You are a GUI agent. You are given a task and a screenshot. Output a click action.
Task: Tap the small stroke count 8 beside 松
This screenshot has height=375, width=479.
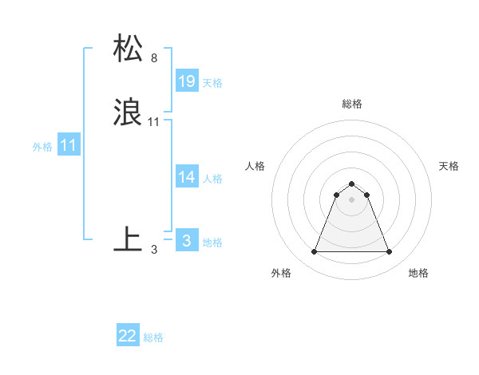click(x=154, y=58)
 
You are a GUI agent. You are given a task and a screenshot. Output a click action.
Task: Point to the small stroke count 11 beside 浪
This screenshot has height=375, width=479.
click(x=154, y=122)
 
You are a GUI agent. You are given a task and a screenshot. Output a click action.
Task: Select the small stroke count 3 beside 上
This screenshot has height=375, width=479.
click(x=154, y=249)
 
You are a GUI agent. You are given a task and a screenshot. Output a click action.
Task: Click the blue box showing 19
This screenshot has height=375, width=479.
click(x=187, y=81)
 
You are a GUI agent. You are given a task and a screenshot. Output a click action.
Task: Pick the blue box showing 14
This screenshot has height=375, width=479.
click(x=187, y=177)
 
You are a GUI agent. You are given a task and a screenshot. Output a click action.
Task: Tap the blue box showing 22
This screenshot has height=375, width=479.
click(x=128, y=337)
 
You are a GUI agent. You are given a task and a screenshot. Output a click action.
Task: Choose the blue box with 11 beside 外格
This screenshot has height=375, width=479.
click(x=69, y=146)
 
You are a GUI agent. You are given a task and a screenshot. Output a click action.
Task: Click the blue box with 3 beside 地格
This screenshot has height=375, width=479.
click(x=187, y=241)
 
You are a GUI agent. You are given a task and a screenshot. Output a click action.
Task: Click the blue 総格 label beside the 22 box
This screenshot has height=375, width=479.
click(x=153, y=337)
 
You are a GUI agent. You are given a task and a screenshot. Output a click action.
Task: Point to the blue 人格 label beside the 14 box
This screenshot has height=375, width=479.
click(x=212, y=178)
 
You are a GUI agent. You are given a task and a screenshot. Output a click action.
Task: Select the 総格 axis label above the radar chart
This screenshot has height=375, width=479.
click(x=352, y=104)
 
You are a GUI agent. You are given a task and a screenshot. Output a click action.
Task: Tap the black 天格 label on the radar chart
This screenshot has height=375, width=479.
click(x=449, y=166)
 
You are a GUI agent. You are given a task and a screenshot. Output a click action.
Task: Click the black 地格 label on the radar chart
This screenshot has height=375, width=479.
click(x=418, y=273)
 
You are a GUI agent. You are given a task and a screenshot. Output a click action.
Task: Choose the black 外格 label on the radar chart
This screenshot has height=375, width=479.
click(x=281, y=273)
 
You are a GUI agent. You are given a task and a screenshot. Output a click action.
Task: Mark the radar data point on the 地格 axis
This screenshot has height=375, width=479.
click(x=389, y=252)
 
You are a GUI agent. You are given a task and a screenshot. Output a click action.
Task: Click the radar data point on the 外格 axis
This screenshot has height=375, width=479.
click(x=315, y=252)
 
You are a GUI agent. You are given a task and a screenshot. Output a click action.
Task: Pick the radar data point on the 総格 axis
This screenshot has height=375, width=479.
click(x=352, y=183)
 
